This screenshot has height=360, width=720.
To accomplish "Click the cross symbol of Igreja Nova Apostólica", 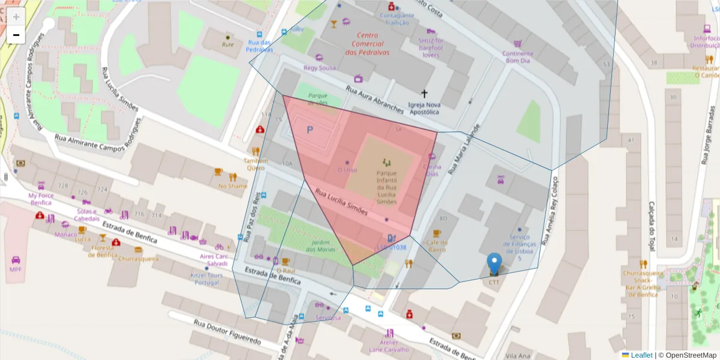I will point(425,94).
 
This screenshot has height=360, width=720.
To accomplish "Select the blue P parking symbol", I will point(310,130).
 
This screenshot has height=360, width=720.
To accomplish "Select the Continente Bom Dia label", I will point(517,57).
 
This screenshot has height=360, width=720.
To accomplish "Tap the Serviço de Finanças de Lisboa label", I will point(520,244).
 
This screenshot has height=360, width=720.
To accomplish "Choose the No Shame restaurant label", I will point(233,186).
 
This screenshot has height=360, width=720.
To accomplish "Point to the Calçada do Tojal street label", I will point(652,226).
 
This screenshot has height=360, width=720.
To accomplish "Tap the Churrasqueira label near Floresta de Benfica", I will point(139,259).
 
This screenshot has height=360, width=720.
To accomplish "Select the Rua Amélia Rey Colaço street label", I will point(550,210).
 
